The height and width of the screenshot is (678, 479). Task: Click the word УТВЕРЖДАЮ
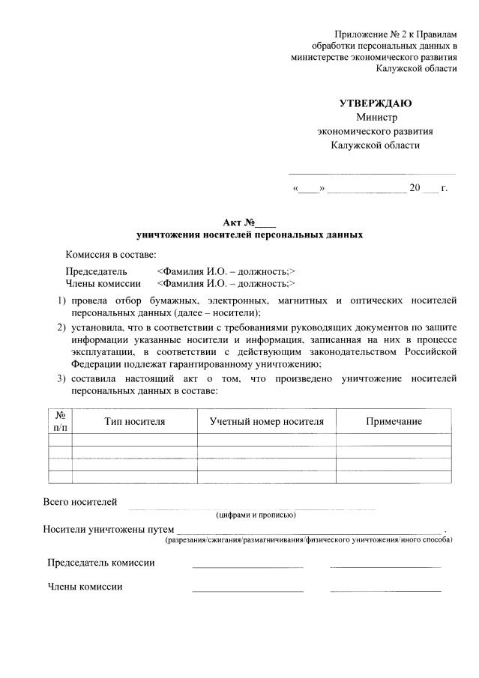(375, 103)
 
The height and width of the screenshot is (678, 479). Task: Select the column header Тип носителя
(134, 422)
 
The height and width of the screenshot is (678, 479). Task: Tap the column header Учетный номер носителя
(267, 422)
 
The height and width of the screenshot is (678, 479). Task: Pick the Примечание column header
(394, 422)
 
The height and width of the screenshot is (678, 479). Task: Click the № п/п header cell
(60, 422)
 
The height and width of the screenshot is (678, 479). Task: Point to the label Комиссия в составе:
(110, 255)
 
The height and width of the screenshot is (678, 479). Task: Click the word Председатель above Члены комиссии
(96, 271)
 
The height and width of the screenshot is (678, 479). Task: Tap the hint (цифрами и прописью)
(255, 515)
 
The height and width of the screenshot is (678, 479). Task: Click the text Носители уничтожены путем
(109, 529)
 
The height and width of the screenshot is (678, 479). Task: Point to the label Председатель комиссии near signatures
(101, 563)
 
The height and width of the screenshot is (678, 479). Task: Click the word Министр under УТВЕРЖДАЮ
(376, 117)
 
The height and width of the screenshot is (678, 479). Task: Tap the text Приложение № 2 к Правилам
(395, 34)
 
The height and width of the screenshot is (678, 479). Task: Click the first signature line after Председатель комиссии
(247, 566)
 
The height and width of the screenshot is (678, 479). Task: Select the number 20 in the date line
(415, 187)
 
